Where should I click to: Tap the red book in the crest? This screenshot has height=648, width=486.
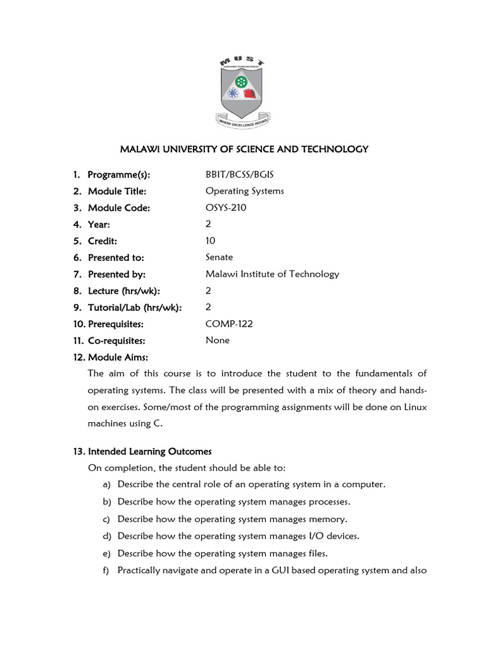pos(251,96)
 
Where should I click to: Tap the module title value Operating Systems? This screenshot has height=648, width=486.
pos(244,191)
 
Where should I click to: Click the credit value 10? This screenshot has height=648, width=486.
pos(210,240)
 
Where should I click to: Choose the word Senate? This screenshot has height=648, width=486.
pos(219,257)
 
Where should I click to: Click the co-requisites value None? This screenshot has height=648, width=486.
pos(218,340)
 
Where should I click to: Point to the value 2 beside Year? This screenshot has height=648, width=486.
pos(208,224)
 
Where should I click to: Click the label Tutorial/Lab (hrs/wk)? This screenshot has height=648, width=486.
pos(135,308)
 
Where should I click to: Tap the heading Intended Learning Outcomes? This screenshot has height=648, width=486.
pos(149,451)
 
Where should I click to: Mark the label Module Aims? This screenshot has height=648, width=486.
pos(118,358)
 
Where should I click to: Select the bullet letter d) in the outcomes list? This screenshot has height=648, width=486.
pos(106,536)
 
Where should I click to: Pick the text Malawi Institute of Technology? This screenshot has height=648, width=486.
pos(272,274)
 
